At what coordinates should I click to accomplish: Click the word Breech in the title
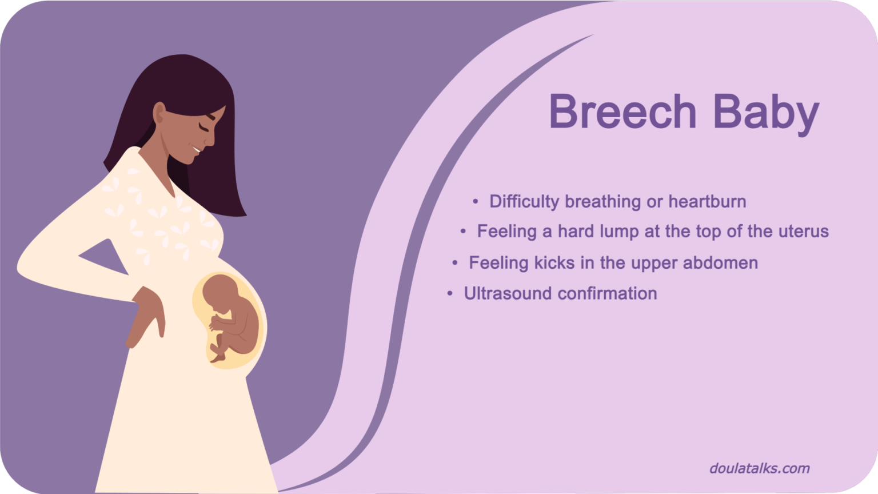pyautogui.click(x=622, y=111)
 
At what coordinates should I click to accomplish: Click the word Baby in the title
pyautogui.click(x=766, y=114)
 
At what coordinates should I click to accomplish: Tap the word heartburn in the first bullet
pyautogui.click(x=707, y=201)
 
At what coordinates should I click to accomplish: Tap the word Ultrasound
pyautogui.click(x=508, y=293)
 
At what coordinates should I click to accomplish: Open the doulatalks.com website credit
pyautogui.click(x=759, y=468)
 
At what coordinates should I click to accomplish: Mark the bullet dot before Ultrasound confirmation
pyautogui.click(x=450, y=293)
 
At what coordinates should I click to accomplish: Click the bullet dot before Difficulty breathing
pyautogui.click(x=476, y=201)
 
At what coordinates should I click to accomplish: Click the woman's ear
pyautogui.click(x=159, y=113)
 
